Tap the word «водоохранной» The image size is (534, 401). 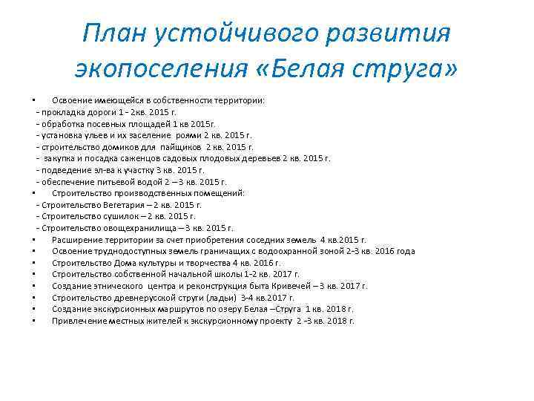point(297,251)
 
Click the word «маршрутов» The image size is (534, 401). point(159,309)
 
